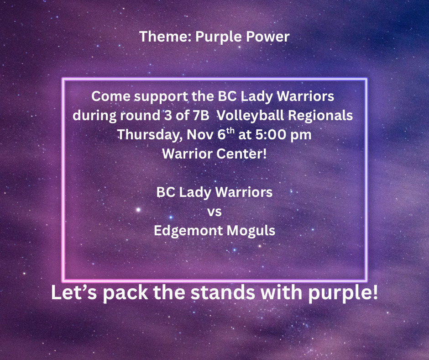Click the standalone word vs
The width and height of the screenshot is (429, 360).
[214, 211]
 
